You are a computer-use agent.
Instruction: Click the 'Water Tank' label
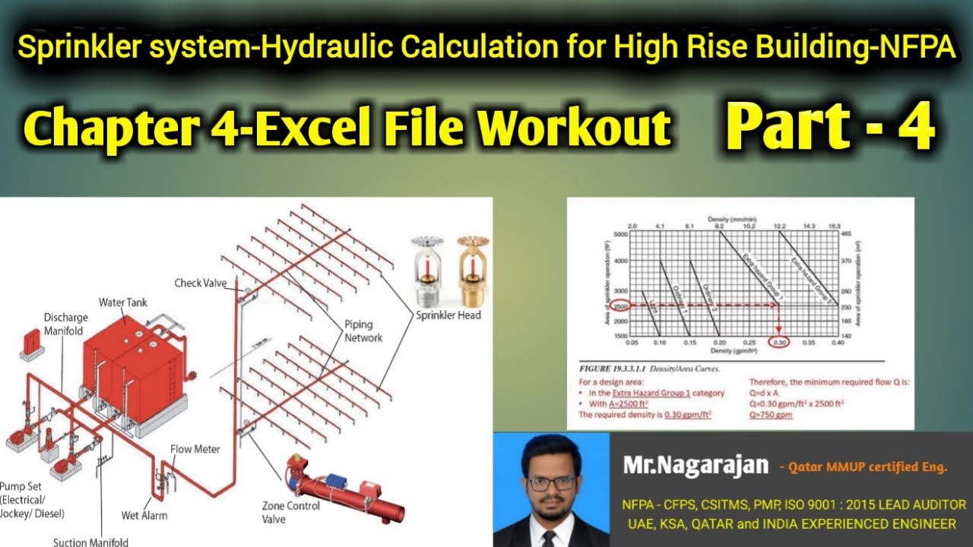click(122, 302)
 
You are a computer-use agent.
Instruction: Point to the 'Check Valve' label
click(201, 283)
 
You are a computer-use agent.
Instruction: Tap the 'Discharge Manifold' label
click(65, 324)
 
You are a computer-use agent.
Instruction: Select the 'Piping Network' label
click(363, 330)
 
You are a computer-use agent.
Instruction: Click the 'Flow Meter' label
click(195, 449)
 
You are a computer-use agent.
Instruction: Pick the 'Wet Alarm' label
click(144, 515)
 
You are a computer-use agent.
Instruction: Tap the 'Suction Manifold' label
click(91, 542)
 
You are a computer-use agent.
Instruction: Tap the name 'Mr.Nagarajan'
click(696, 465)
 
